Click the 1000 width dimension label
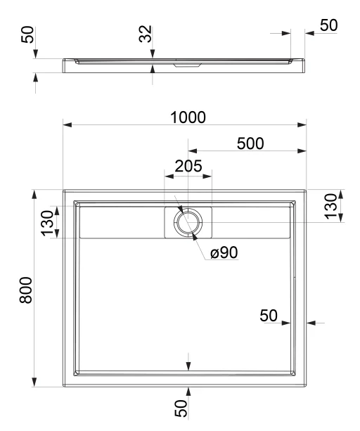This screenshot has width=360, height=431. (188, 117)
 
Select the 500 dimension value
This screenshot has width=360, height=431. (250, 143)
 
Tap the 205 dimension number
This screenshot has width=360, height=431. (188, 166)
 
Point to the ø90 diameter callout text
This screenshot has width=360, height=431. (224, 252)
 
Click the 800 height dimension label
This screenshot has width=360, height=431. (26, 290)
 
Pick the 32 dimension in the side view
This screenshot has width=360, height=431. (145, 34)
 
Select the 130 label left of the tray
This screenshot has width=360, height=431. (47, 223)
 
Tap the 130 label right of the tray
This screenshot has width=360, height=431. (330, 207)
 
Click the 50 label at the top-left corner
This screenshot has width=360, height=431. (27, 34)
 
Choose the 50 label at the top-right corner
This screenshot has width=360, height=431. (328, 25)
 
